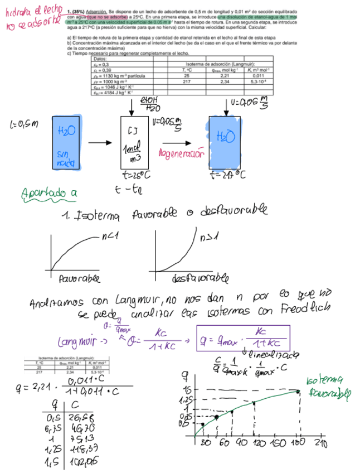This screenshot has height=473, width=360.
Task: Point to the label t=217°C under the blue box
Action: [x=228, y=175]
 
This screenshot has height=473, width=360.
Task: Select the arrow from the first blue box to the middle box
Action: [x=101, y=143]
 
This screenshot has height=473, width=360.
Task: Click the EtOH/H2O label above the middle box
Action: [x=149, y=103]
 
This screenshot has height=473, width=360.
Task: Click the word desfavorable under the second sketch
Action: [x=190, y=277]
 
